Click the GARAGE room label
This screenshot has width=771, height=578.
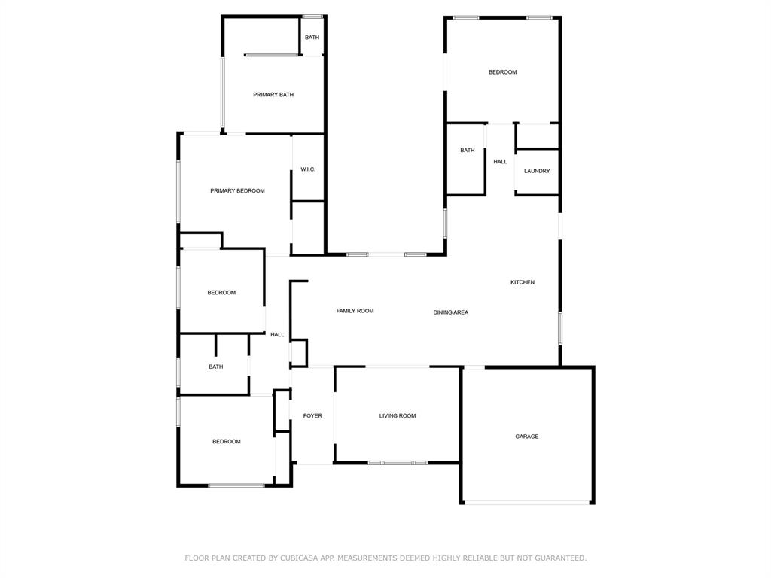coord(526,437)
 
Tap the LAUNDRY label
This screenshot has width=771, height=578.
coord(537,171)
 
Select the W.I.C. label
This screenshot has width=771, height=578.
coord(307,169)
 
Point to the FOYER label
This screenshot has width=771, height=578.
coord(312,416)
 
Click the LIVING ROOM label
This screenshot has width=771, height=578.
coord(397,416)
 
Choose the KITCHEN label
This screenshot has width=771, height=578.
coord(523,282)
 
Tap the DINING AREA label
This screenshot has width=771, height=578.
coord(450,312)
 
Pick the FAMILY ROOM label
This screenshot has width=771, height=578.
coord(355,311)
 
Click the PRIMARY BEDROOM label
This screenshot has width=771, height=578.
coord(237,191)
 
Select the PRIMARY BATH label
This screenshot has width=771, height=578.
coord(273,95)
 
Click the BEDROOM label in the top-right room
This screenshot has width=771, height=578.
coord(502,72)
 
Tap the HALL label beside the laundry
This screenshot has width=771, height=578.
coord(500,162)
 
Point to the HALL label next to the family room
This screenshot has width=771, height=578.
coord(277,335)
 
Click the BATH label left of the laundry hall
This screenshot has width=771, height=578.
coord(468,151)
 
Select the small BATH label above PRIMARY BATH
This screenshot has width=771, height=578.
coord(312,38)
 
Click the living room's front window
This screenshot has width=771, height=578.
coord(398,462)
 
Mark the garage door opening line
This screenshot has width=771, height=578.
coord(527,502)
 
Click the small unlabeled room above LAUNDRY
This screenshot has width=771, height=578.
coord(537,136)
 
